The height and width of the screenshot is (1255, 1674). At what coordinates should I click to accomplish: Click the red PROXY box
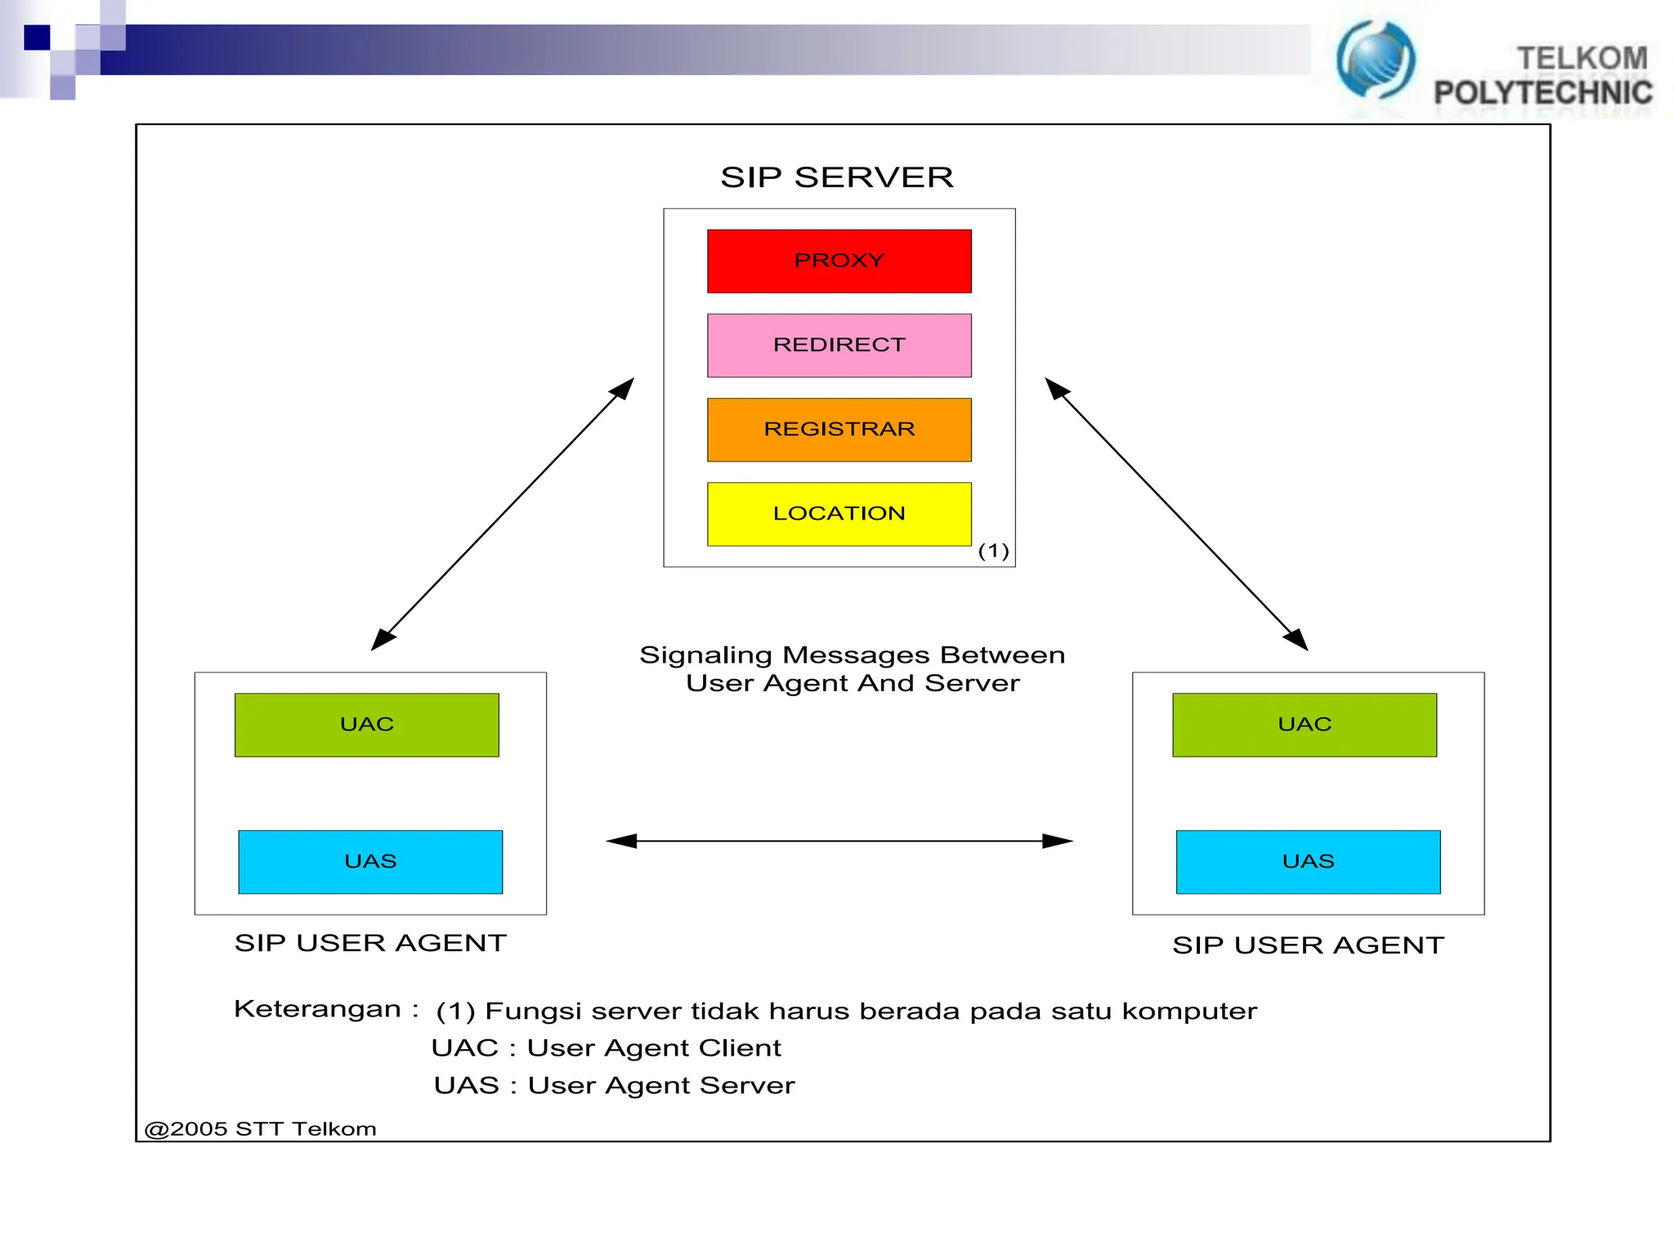click(839, 261)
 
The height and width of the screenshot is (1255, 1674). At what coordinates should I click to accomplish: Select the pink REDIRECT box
click(839, 345)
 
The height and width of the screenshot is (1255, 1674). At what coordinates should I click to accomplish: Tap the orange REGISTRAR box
click(839, 429)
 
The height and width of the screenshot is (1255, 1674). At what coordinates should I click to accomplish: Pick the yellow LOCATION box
click(839, 513)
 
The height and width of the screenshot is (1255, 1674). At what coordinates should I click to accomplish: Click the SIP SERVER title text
click(836, 177)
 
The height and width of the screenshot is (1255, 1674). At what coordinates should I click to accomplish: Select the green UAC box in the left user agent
click(366, 724)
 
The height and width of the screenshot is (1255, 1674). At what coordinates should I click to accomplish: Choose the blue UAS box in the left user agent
click(369, 861)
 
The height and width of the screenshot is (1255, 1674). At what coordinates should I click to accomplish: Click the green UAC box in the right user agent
click(1304, 724)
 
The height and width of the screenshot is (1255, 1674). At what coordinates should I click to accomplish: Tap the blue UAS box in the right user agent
click(1308, 861)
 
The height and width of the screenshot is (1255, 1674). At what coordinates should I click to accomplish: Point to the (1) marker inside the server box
click(993, 551)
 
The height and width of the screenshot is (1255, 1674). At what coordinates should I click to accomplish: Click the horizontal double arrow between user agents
click(839, 841)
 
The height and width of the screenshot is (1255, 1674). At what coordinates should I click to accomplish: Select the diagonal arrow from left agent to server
click(502, 514)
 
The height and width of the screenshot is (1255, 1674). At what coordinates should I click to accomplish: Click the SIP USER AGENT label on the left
click(370, 943)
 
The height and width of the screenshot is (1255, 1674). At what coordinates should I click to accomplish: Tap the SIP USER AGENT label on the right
click(1308, 945)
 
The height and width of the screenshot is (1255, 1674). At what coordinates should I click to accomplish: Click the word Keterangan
click(317, 1009)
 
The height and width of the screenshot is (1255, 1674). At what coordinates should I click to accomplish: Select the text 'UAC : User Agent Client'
click(606, 1048)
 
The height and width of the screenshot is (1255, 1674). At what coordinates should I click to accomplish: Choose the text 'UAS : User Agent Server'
click(614, 1086)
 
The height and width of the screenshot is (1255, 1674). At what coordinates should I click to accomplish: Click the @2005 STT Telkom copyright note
click(260, 1129)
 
